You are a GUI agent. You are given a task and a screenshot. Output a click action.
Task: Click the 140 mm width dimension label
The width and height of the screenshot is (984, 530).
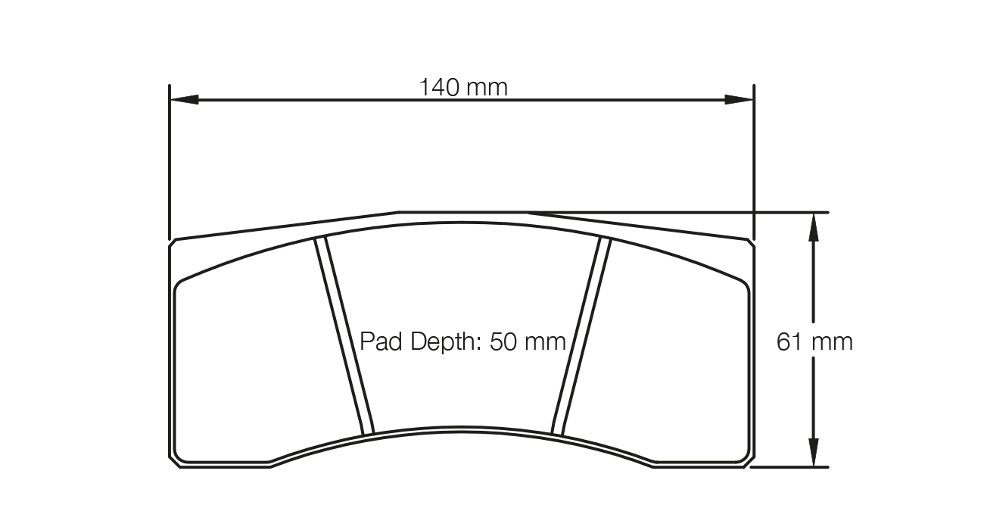(463, 88)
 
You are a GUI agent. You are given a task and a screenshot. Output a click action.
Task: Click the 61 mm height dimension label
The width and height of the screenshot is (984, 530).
(814, 342)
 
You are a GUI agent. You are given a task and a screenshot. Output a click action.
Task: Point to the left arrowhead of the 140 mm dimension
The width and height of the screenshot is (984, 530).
(183, 99)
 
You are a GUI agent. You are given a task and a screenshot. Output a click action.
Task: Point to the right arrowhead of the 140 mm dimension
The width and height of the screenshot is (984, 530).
(740, 99)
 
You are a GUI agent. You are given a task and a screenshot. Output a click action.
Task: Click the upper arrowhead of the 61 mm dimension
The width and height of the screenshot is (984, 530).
(813, 225)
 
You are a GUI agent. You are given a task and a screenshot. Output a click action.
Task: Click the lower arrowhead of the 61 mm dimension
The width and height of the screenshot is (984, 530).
(813, 454)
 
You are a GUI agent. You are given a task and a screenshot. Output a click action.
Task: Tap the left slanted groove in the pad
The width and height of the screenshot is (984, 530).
(344, 337)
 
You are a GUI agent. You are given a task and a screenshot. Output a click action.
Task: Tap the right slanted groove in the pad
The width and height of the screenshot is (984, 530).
(581, 337)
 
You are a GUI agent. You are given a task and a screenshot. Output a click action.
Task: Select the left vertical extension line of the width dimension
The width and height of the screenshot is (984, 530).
(169, 159)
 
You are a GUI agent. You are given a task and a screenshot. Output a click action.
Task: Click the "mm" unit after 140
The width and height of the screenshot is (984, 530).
(487, 88)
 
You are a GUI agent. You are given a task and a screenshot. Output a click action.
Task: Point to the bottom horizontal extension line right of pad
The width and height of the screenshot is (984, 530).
(791, 467)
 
